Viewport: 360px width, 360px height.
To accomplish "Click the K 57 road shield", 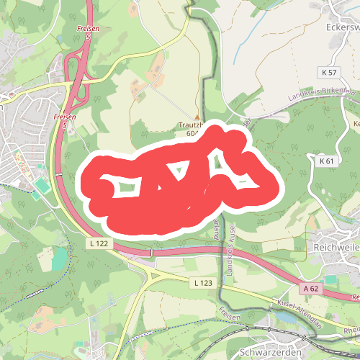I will click(x=329, y=73).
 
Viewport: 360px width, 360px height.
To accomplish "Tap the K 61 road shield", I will click(x=326, y=161).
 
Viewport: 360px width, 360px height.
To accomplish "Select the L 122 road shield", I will click(x=100, y=244).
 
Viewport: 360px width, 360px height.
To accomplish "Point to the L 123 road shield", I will click(x=204, y=284).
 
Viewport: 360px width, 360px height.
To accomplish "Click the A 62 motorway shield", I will click(x=311, y=288).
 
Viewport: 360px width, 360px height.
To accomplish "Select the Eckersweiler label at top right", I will click(x=343, y=27).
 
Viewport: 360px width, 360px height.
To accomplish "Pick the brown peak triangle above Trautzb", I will click(x=196, y=117).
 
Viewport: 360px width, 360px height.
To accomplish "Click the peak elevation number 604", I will click(x=192, y=133).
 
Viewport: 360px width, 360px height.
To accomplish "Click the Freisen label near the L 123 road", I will click(x=229, y=317).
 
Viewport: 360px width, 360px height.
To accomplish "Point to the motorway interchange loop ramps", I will click(x=75, y=72).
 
